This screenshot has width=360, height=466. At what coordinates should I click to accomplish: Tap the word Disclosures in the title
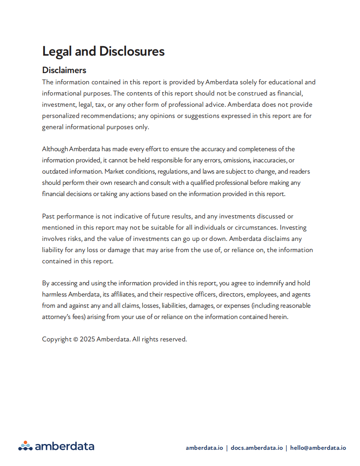(x=132, y=52)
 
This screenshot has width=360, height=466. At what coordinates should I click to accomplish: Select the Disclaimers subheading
(x=64, y=70)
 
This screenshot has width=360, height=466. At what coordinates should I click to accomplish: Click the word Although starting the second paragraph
(x=55, y=149)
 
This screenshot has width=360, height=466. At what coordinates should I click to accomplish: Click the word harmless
(x=54, y=295)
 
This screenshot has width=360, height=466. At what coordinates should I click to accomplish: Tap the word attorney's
(x=57, y=317)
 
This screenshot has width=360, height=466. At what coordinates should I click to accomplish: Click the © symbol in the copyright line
(x=76, y=339)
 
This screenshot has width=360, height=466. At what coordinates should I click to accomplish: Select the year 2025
(x=87, y=339)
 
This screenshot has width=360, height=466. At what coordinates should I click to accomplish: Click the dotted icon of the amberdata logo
(x=25, y=446)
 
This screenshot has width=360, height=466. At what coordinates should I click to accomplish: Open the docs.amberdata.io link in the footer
(x=256, y=448)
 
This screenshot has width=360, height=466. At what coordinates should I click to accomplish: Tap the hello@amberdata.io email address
(x=318, y=448)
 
